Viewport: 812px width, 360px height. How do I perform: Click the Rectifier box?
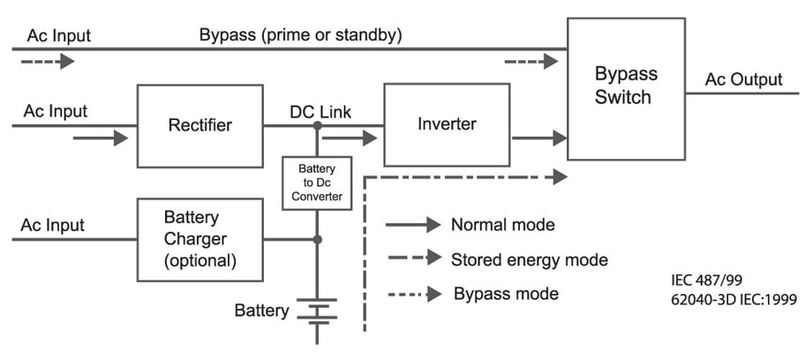199,125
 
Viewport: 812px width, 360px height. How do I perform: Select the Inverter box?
447,124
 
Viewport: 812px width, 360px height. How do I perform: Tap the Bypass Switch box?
625,88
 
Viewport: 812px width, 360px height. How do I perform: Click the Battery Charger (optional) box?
199,238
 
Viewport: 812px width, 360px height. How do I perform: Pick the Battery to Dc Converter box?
316,183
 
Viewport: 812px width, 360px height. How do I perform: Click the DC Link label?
320,112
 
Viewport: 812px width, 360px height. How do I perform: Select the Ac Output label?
743,80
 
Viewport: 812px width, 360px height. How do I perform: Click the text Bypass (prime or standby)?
300,36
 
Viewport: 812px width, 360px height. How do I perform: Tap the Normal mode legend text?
502,225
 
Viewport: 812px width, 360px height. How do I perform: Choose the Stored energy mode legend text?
530,260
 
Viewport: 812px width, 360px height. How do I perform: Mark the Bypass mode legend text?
506,293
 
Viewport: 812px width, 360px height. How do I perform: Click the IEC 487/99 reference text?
707,281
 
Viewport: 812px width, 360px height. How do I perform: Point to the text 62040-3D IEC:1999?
733,300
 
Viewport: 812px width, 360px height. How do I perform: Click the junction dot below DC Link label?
317,126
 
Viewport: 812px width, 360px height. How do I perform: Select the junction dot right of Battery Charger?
317,239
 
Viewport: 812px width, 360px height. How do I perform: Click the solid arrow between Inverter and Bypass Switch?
538,138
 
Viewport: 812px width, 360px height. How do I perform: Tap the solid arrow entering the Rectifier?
101,138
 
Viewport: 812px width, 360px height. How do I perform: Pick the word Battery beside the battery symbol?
261,311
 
